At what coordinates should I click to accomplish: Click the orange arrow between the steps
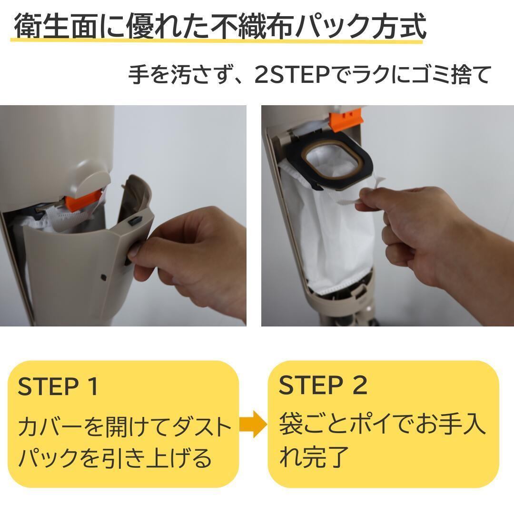coord(252,424)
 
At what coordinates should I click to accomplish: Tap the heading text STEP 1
coord(58,386)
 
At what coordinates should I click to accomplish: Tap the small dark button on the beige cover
coord(135,221)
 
